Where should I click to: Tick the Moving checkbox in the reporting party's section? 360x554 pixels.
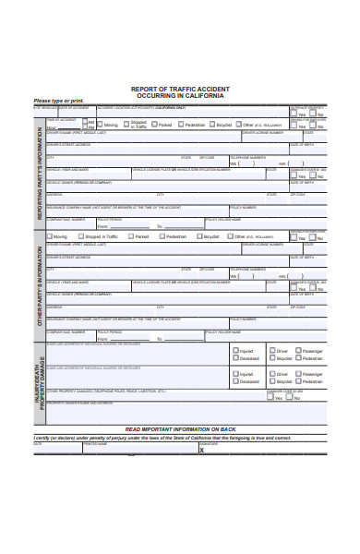99,124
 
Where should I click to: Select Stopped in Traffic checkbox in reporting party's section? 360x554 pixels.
126,124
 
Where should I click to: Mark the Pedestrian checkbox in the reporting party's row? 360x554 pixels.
181,124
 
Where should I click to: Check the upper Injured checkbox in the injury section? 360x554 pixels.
235,352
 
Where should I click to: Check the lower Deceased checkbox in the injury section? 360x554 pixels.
235,381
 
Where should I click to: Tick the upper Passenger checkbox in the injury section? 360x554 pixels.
298,352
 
